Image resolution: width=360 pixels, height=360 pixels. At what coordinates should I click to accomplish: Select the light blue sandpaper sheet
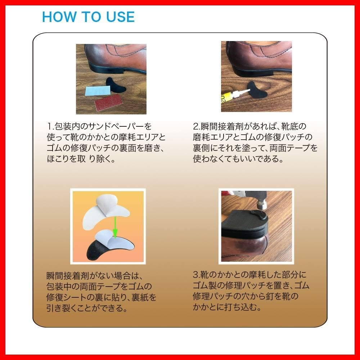[98, 90]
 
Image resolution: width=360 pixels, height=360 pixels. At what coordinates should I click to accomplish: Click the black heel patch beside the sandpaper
[116, 85]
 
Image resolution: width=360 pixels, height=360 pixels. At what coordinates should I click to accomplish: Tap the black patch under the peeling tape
[96, 251]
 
